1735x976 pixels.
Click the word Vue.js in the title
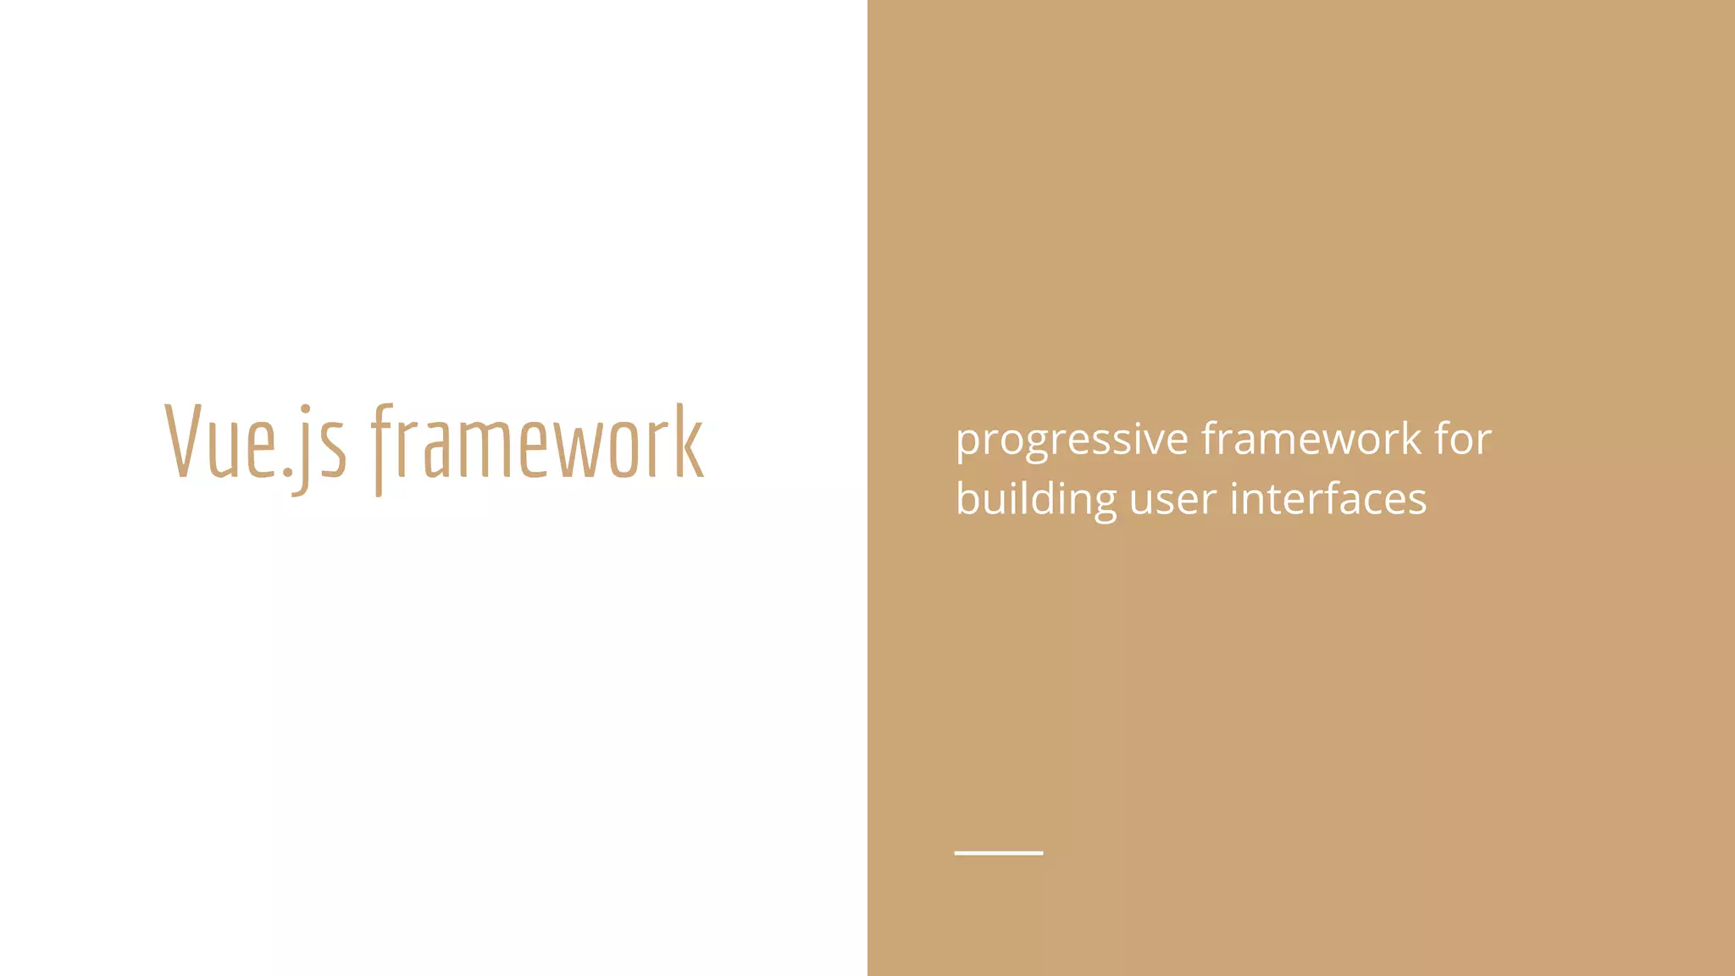tap(255, 442)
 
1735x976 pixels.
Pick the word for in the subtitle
tap(1463, 439)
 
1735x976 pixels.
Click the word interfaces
tap(1328, 498)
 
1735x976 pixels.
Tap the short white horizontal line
tap(998, 852)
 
